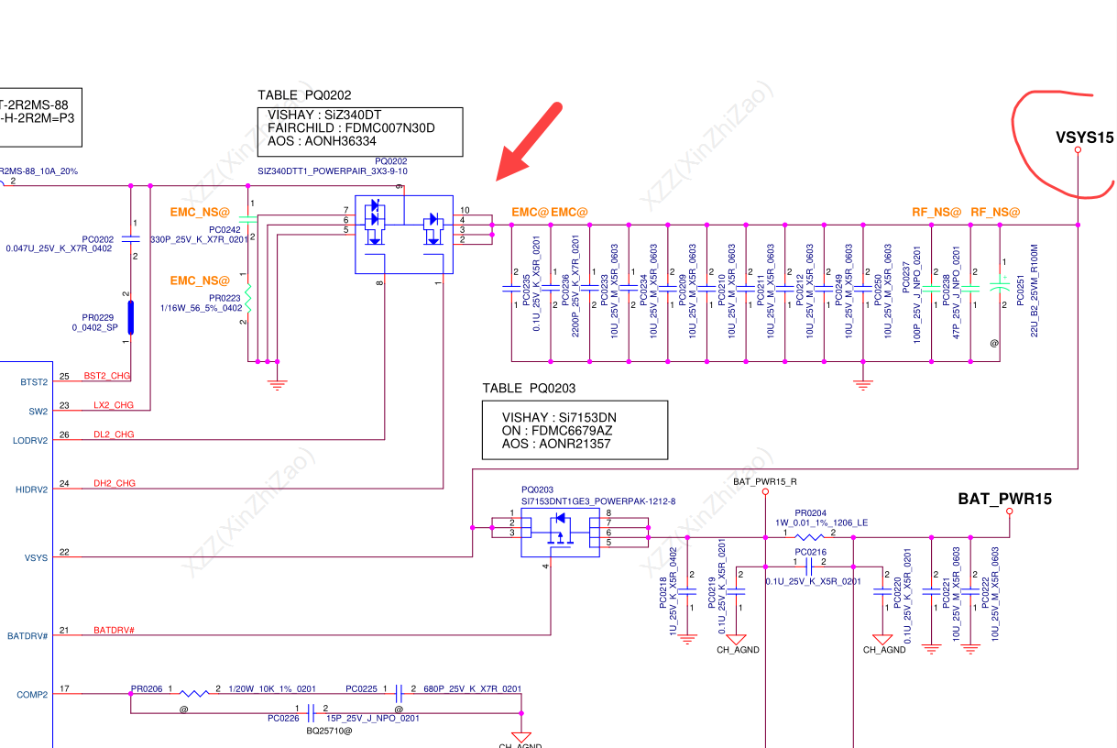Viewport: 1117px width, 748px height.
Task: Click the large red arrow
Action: tap(530, 141)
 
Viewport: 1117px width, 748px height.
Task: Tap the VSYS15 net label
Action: tap(1084, 137)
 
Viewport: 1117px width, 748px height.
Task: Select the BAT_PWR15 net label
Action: tap(1004, 500)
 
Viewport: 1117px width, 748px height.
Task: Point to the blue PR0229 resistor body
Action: tap(131, 317)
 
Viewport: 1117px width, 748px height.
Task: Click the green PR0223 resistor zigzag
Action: tap(247, 298)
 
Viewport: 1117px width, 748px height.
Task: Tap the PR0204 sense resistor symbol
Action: tap(809, 537)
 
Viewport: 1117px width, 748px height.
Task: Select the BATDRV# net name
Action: tap(115, 632)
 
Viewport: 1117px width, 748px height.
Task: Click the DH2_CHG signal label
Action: tap(115, 484)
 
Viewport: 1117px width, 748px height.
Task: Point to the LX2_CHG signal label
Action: tap(114, 405)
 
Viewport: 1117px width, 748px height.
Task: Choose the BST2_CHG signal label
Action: tap(108, 376)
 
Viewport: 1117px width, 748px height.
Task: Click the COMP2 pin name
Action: tap(32, 695)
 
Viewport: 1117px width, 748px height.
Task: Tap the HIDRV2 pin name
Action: tap(32, 489)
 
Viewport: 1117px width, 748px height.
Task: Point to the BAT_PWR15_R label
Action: tap(765, 481)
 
